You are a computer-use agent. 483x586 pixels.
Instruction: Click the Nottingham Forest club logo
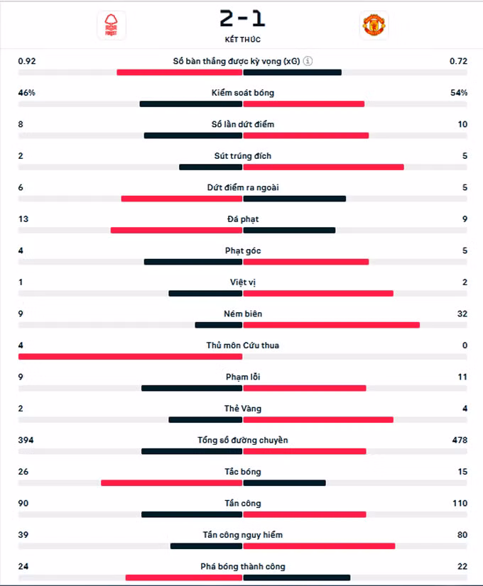(x=111, y=25)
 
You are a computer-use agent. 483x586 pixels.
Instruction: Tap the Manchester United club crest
(x=374, y=25)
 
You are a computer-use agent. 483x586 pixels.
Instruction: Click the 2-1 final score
(x=242, y=18)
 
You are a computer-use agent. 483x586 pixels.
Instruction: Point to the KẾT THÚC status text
(x=242, y=40)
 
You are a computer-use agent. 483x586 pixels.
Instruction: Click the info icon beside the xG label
(x=308, y=61)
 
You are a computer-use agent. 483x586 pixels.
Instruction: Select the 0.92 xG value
(x=27, y=61)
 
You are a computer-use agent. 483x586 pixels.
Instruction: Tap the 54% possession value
(x=458, y=93)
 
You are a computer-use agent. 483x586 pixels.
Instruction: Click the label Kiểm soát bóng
(x=242, y=93)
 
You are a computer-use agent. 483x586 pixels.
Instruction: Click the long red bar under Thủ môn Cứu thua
(x=131, y=356)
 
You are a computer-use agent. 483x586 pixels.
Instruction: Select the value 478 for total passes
(x=459, y=440)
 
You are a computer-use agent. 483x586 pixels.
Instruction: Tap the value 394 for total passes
(x=26, y=440)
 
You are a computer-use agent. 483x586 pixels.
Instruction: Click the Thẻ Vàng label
(x=242, y=409)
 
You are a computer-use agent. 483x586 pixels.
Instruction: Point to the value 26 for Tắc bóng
(x=23, y=472)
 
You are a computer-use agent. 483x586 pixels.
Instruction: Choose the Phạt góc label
(x=242, y=250)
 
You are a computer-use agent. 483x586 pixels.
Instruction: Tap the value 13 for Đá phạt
(x=23, y=219)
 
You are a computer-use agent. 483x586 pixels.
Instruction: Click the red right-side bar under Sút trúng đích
(x=323, y=167)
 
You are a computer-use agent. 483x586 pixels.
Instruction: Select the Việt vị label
(x=242, y=282)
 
